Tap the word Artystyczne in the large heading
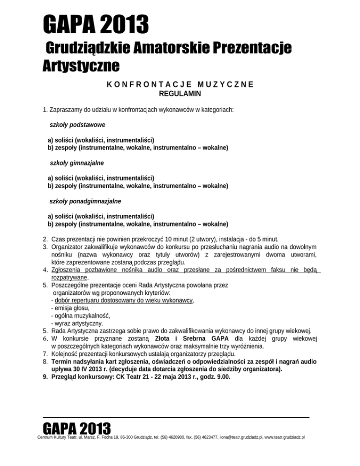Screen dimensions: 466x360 point(80,66)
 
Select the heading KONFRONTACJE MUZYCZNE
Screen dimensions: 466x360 point(180,85)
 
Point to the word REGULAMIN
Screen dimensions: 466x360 point(180,94)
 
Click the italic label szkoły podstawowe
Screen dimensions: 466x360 point(77,125)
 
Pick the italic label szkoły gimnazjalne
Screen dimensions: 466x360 point(77,163)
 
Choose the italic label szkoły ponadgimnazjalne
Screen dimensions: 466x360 point(85,201)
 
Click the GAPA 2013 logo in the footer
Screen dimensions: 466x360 point(76,429)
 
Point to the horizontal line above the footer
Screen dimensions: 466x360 point(176,416)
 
